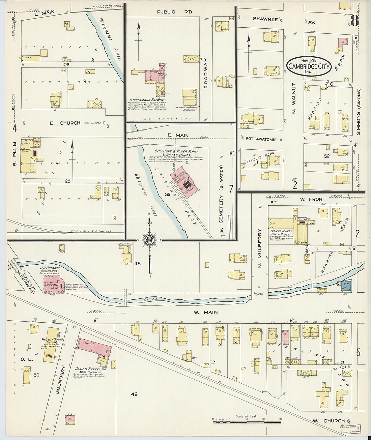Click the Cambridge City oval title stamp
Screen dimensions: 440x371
[308, 66]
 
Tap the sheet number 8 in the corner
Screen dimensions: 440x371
[354, 21]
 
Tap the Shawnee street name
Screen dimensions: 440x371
[265, 19]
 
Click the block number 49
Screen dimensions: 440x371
[134, 394]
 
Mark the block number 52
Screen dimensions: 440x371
[326, 156]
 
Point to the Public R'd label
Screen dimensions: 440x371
[175, 12]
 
